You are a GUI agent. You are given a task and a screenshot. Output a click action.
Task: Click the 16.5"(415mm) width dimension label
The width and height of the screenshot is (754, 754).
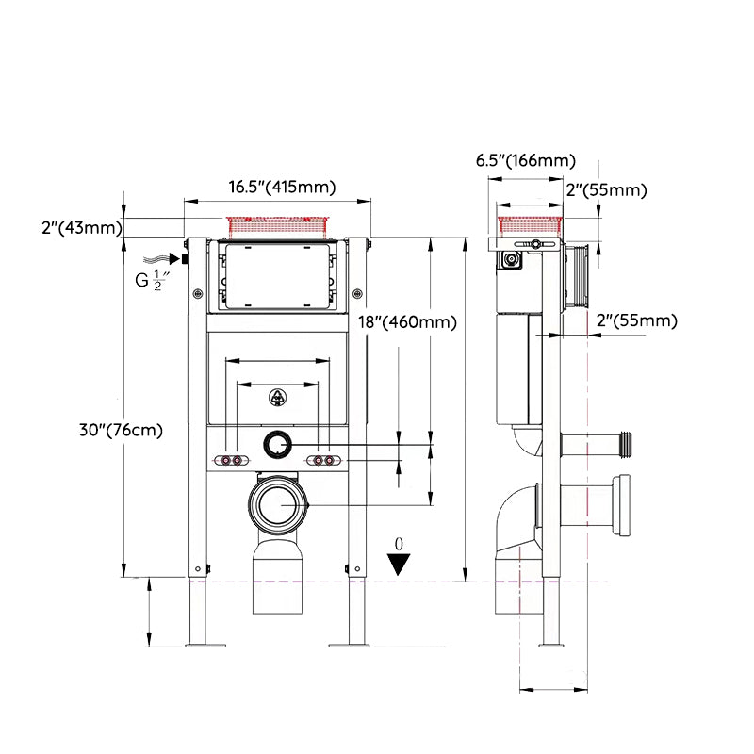point(282,187)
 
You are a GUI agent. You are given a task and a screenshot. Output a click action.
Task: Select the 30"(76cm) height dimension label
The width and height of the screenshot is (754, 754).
point(122,430)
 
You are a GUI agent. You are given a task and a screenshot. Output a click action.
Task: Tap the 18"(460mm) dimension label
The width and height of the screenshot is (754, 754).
point(408,321)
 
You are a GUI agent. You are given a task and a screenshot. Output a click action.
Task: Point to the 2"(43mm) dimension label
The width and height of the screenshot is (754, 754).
point(82,227)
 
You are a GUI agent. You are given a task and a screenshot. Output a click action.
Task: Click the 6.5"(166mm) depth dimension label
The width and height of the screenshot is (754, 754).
point(526,160)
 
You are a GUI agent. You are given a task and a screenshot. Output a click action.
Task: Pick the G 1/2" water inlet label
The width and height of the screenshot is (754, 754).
point(153,280)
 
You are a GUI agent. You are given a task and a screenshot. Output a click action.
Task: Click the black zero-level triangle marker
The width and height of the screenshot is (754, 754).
point(399,564)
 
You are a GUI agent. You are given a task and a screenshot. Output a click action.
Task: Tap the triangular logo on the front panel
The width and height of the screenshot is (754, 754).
point(277,397)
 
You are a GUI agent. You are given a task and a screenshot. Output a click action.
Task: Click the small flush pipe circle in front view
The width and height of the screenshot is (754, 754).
point(277,444)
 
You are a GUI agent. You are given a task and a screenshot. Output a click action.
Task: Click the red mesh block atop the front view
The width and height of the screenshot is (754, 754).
point(278,228)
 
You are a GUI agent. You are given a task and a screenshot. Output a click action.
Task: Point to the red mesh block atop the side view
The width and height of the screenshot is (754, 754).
point(530,226)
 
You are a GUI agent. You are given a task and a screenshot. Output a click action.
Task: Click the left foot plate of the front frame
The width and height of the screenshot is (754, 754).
point(205,645)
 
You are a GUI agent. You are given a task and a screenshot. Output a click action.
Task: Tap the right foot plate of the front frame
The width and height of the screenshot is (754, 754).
point(348,645)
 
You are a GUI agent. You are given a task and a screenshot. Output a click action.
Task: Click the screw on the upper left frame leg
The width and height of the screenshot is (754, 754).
point(198,294)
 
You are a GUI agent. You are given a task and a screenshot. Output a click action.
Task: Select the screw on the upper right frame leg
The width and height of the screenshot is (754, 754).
point(357,293)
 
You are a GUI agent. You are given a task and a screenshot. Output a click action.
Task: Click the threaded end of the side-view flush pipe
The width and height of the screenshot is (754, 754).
point(626,444)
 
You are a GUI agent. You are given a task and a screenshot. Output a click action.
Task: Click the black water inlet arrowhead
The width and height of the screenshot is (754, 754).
point(175,259)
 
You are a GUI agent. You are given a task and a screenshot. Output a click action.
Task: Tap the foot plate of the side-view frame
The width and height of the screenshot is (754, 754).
point(551,645)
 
